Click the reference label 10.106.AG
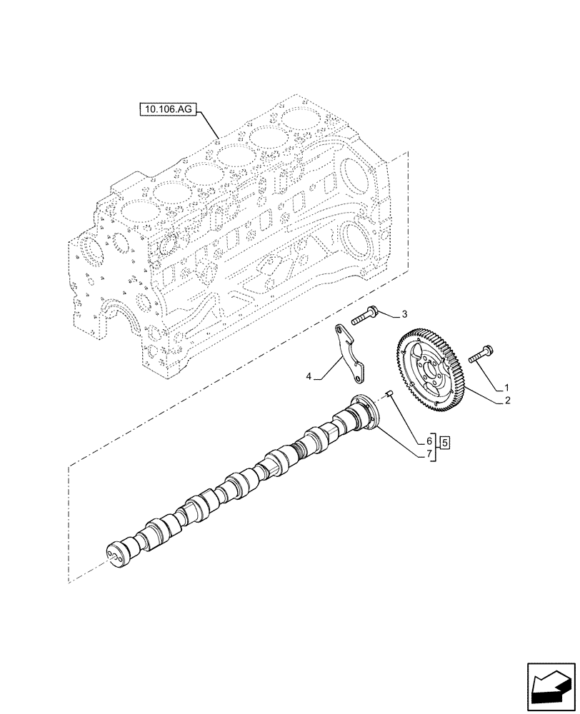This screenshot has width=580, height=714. pos(166,110)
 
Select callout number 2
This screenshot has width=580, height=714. pos(506,401)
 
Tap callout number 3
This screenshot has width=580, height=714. pos(404,313)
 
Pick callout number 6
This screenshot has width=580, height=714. pos(430,442)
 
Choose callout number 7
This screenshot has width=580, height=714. pos(430,454)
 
